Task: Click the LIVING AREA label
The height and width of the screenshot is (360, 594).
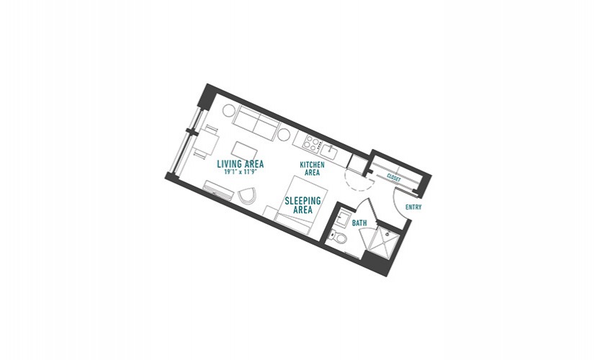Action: pyautogui.click(x=240, y=164)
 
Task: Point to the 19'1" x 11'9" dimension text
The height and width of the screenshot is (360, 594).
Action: pyautogui.click(x=240, y=171)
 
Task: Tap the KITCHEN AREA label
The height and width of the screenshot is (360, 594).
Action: pyautogui.click(x=312, y=168)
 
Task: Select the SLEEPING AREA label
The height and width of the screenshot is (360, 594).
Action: pyautogui.click(x=302, y=205)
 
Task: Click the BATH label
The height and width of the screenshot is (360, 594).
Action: pyautogui.click(x=359, y=223)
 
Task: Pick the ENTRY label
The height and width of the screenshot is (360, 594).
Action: pyautogui.click(x=413, y=207)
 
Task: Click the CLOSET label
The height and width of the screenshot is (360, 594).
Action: pyautogui.click(x=394, y=177)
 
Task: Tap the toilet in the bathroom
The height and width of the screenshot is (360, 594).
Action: pyautogui.click(x=338, y=237)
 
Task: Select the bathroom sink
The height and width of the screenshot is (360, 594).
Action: pyautogui.click(x=344, y=219)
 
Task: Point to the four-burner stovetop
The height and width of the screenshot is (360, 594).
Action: pyautogui.click(x=313, y=143)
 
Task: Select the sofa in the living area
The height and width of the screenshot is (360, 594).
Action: pyautogui.click(x=256, y=123)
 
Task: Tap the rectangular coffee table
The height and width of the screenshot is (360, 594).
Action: pyautogui.click(x=244, y=150)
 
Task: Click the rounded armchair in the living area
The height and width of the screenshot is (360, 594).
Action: pyautogui.click(x=248, y=196)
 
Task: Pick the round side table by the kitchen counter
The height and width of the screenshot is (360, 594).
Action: pyautogui.click(x=284, y=134)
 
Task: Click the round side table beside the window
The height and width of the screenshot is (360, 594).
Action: pyautogui.click(x=229, y=110)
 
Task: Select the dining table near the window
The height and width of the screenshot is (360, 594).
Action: pyautogui.click(x=207, y=143)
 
